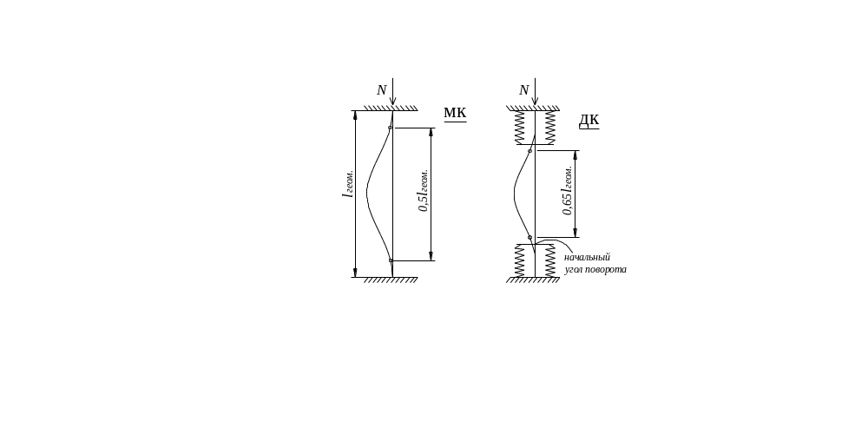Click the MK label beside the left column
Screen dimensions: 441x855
455,113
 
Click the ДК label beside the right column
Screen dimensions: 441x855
589,120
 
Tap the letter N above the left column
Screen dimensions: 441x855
380,90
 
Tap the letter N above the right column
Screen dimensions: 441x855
523,90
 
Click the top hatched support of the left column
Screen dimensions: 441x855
391,108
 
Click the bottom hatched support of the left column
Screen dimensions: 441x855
391,280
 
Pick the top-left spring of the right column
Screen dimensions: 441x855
518,128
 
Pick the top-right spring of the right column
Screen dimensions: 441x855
549,128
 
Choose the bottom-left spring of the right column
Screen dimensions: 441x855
518,261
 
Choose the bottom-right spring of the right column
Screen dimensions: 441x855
549,261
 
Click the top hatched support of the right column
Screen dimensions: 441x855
533,108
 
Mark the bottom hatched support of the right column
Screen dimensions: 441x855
533,280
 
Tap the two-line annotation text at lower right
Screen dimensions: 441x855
594,264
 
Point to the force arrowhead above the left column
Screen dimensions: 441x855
393,104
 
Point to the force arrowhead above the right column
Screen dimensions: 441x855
535,104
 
